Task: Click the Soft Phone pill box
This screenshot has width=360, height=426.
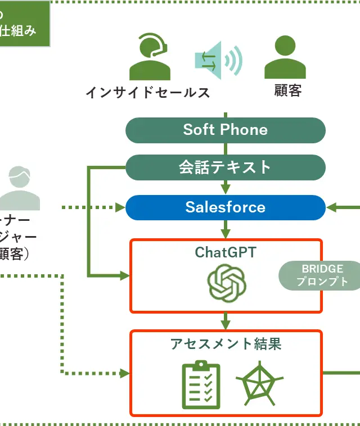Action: pyautogui.click(x=225, y=130)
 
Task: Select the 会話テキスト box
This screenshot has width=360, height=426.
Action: pyautogui.click(x=225, y=167)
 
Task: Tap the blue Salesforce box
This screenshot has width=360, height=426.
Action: pyautogui.click(x=225, y=207)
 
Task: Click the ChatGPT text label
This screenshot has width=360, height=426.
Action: pyautogui.click(x=225, y=252)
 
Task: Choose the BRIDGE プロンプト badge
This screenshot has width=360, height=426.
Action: pyautogui.click(x=322, y=275)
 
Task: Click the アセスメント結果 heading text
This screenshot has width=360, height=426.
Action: pyautogui.click(x=226, y=344)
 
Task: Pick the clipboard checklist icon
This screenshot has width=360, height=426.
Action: pyautogui.click(x=201, y=385)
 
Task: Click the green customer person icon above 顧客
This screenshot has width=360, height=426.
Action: pyautogui.click(x=285, y=58)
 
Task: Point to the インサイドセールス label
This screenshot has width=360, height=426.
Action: pyautogui.click(x=148, y=92)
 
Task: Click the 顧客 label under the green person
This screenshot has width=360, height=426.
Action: pyautogui.click(x=287, y=90)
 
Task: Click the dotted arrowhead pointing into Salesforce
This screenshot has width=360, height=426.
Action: pyautogui.click(x=120, y=208)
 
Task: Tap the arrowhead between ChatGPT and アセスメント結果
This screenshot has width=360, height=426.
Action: pyautogui.click(x=226, y=325)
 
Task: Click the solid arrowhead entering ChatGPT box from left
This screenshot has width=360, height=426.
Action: pyautogui.click(x=124, y=275)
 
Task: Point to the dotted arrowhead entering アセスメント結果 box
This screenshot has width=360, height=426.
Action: pyautogui.click(x=124, y=373)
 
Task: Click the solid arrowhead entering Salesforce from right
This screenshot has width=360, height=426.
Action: pyautogui.click(x=331, y=208)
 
